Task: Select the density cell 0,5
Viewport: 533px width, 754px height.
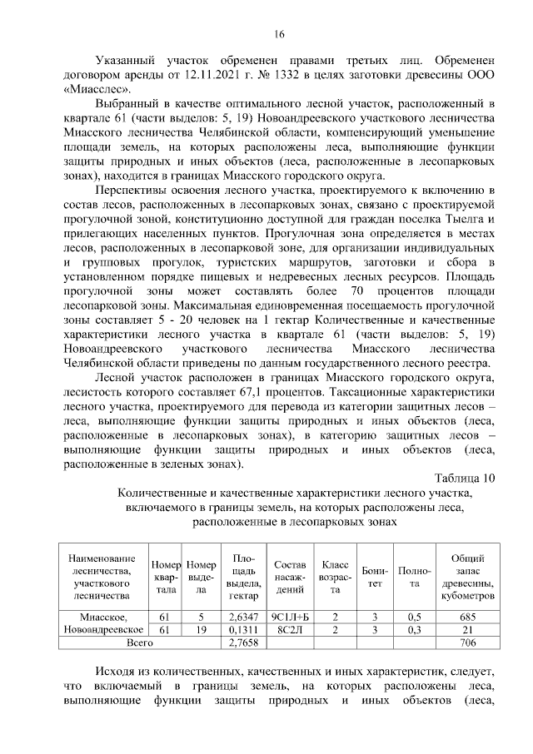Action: pyautogui.click(x=414, y=617)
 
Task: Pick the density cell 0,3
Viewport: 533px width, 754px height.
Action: pyautogui.click(x=414, y=630)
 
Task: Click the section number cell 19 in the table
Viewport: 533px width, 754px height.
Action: pyautogui.click(x=201, y=630)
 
